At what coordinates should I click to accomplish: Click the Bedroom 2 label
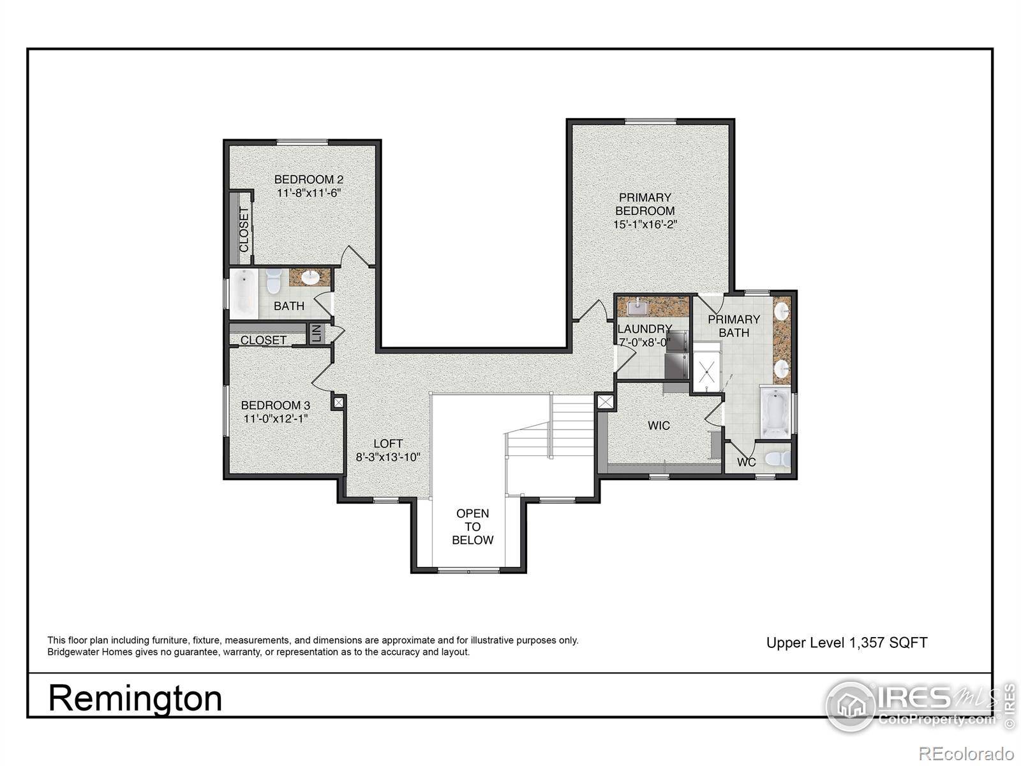(x=308, y=179)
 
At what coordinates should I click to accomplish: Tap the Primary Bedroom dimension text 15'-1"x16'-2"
(x=644, y=225)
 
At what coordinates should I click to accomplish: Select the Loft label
(x=388, y=444)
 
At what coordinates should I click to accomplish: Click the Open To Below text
(x=472, y=527)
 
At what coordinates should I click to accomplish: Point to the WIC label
(x=659, y=425)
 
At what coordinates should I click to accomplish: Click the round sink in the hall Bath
(x=310, y=278)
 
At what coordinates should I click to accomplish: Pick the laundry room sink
(x=636, y=308)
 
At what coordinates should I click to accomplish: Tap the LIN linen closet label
(x=315, y=333)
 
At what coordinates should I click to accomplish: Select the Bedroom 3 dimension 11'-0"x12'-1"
(x=276, y=419)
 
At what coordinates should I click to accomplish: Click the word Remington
(x=135, y=698)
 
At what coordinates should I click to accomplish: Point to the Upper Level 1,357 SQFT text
(x=846, y=643)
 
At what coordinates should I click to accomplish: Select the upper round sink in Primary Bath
(x=782, y=312)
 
